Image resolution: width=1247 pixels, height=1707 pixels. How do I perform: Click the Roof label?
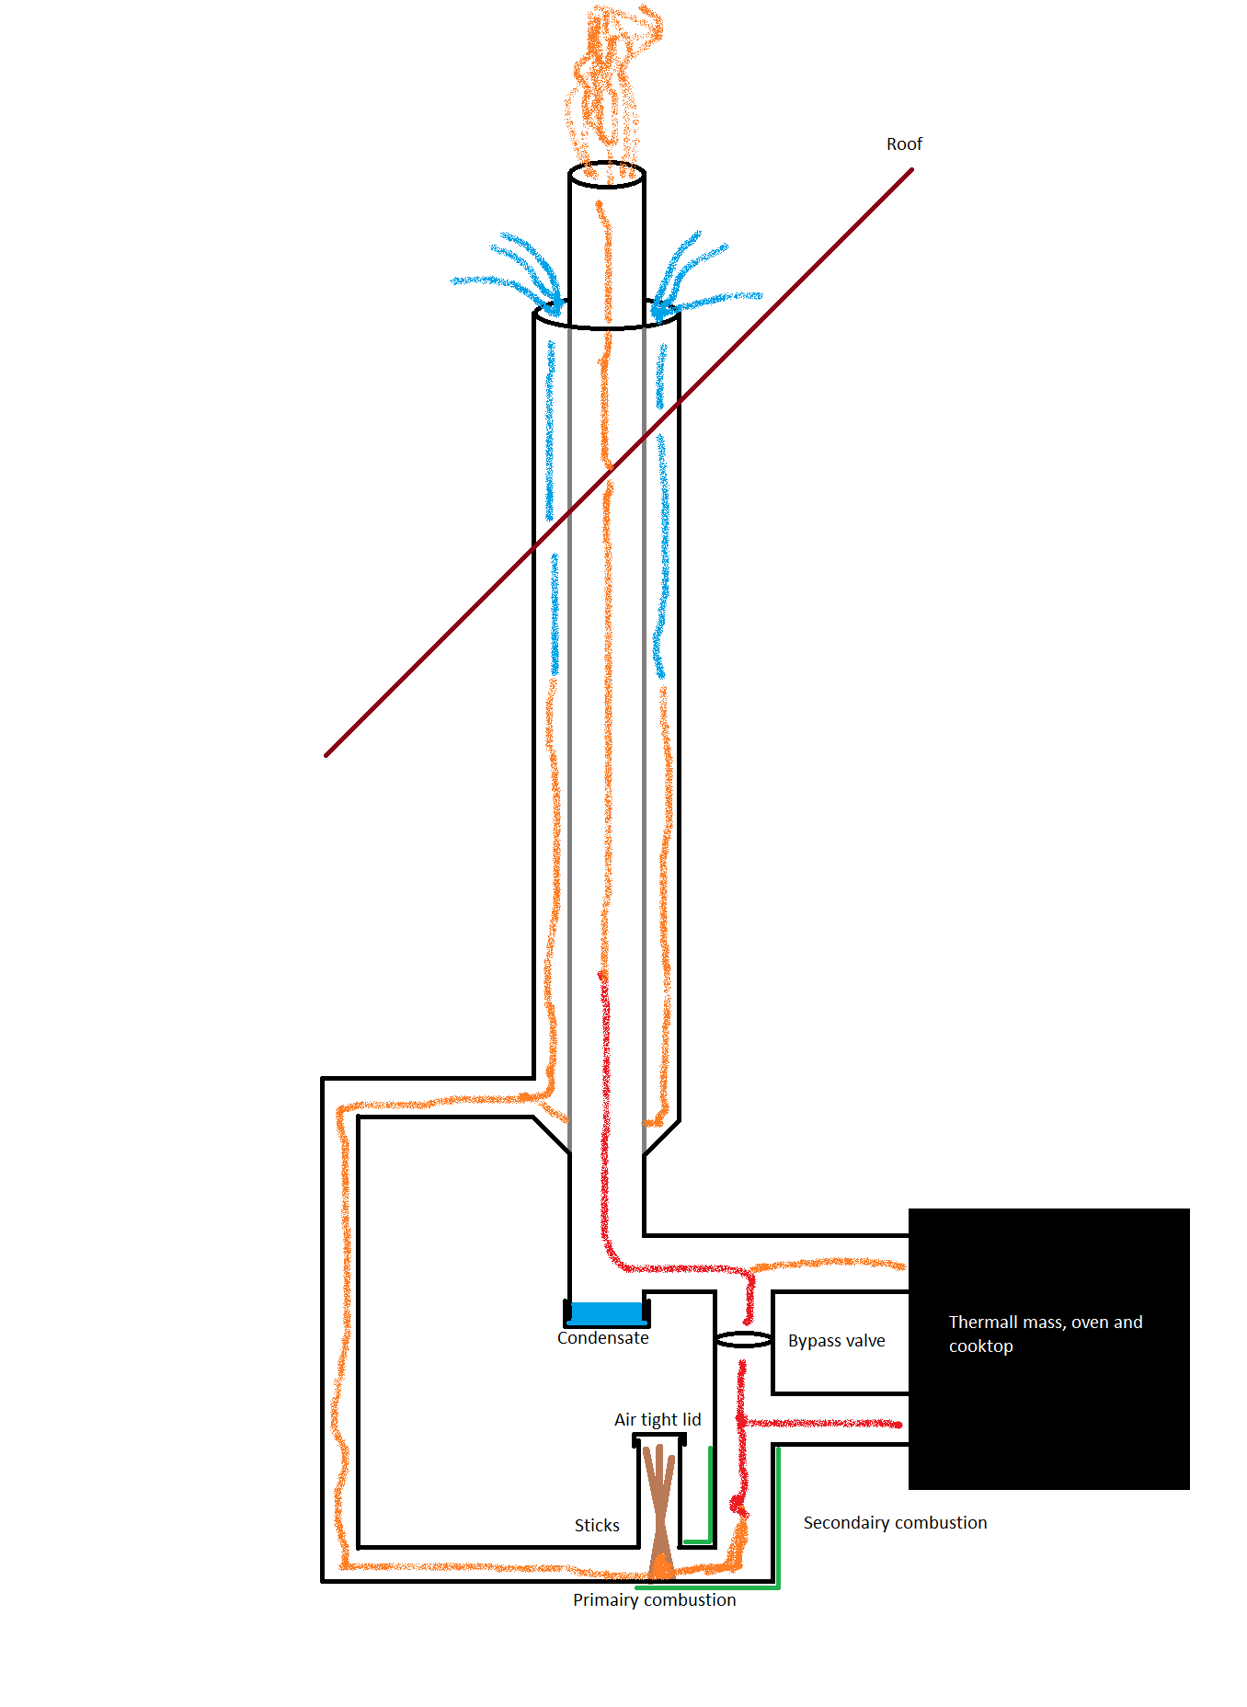904,144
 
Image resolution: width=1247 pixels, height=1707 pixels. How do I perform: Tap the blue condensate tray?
606,1312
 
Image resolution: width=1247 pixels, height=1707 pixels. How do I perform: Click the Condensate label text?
602,1338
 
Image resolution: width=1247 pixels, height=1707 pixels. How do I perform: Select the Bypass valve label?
836,1341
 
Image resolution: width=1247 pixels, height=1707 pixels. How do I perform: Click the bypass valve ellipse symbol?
743,1340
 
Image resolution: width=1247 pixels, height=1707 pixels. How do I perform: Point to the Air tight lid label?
658,1420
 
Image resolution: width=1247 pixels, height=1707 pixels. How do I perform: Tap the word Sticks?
597,1526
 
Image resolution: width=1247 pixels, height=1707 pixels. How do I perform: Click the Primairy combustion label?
654,1600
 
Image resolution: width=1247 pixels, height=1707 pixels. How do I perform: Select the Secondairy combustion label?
895,1523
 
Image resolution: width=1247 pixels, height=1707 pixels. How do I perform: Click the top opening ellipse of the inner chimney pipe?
607,175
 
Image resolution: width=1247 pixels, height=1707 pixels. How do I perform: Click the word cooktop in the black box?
980,1346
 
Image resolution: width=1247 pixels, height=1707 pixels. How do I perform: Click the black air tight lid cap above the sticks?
659,1438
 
